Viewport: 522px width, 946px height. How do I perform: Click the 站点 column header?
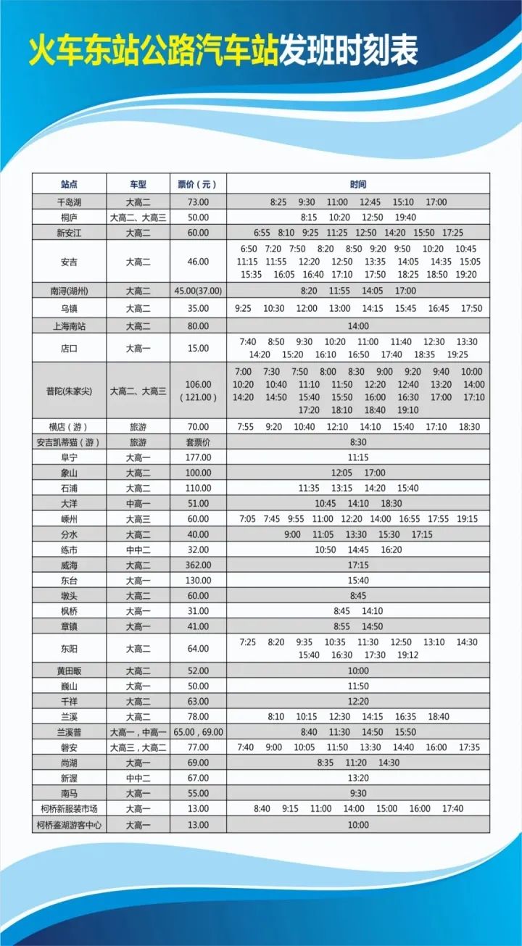click(70, 184)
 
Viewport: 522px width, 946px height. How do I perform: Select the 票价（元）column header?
click(198, 184)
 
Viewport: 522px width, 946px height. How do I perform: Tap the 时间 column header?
click(357, 184)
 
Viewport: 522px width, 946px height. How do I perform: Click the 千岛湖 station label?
click(70, 202)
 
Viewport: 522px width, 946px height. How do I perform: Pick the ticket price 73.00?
click(198, 202)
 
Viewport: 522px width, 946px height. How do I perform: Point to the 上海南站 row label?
click(70, 326)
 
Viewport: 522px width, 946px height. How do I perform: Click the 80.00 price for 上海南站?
click(198, 326)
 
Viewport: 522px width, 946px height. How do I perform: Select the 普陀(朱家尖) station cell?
click(70, 391)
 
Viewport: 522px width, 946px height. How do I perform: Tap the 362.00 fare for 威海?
click(198, 565)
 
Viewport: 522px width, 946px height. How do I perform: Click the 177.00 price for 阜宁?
click(198, 457)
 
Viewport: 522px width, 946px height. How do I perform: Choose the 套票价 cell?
click(198, 442)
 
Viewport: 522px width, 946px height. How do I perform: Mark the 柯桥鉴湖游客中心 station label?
click(70, 824)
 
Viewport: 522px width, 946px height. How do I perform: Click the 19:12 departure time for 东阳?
click(408, 655)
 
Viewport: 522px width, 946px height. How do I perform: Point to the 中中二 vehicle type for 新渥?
click(138, 778)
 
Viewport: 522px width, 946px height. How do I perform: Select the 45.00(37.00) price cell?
click(198, 291)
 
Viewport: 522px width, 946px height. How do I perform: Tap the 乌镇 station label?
click(70, 308)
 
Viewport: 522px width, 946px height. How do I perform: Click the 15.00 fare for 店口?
click(198, 348)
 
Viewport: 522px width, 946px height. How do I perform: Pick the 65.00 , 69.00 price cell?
click(198, 732)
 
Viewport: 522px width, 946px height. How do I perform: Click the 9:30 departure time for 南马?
click(357, 793)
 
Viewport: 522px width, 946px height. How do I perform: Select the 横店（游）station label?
click(70, 427)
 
